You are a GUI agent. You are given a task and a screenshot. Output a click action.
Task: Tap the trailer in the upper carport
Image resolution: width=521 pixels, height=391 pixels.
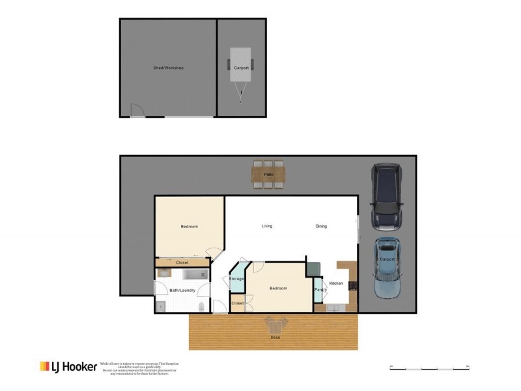(242, 68)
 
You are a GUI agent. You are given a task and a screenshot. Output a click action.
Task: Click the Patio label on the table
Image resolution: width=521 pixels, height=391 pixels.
(268, 175)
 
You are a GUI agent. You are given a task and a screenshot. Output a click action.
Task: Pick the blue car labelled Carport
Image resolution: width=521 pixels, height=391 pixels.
(386, 267)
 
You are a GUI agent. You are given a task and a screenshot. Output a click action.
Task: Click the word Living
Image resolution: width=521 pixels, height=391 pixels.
(267, 226)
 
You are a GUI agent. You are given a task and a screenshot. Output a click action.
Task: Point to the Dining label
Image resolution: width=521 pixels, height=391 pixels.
(321, 226)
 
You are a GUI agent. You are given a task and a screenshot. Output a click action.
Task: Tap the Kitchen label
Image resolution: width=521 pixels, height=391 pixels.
(336, 283)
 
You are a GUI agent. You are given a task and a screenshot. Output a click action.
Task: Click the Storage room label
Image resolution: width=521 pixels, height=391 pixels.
(236, 279)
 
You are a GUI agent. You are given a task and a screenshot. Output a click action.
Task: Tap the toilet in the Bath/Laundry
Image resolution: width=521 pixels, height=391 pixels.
(202, 306)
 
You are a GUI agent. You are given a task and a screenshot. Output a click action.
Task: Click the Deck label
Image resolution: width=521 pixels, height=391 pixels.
(275, 337)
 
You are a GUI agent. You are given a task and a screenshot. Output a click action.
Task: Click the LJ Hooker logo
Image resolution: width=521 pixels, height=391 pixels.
(68, 367)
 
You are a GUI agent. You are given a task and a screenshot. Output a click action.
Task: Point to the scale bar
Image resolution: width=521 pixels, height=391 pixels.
(429, 368)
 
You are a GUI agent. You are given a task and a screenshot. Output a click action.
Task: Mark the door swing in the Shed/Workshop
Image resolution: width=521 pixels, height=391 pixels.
(137, 111)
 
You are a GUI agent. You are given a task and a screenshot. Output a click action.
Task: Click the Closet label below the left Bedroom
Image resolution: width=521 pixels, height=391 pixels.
(182, 263)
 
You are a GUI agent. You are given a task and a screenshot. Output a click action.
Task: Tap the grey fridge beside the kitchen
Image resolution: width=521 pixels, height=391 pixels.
(313, 269)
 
